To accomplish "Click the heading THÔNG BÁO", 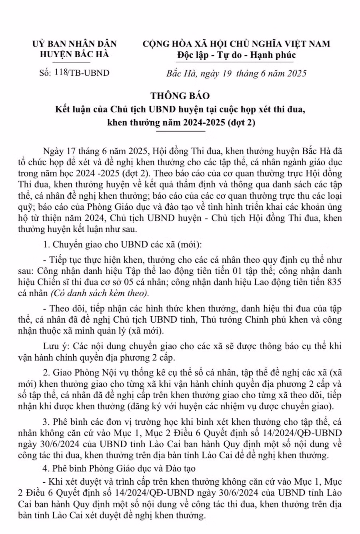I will [180, 96].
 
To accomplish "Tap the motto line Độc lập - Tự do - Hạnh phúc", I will [236, 55].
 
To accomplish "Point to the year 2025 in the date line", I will [297, 73].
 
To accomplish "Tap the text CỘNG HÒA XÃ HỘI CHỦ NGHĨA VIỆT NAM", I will [236, 44].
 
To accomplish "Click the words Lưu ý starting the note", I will [54, 346].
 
